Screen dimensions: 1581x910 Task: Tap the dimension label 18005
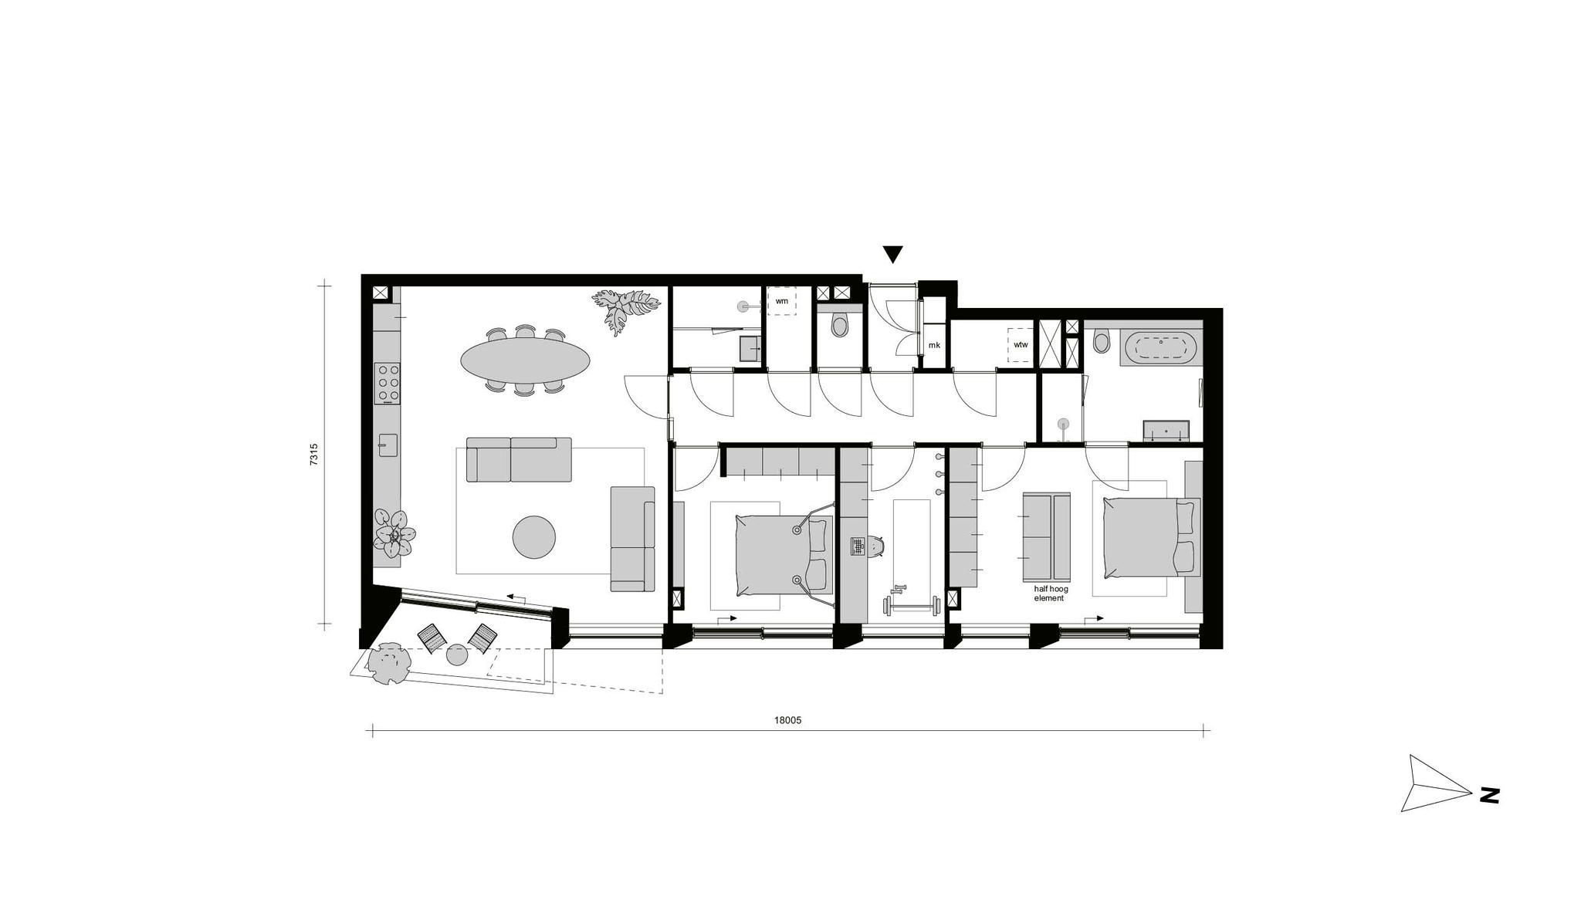[x=788, y=720]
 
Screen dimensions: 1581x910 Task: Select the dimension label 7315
[x=313, y=454]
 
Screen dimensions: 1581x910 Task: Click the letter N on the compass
[x=1489, y=796]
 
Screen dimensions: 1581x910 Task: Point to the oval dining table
[x=526, y=359]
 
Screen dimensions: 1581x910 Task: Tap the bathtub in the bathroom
[x=1160, y=348]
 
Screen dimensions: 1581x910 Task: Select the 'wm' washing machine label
[x=782, y=301]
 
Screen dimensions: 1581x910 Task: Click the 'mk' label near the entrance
[x=934, y=345]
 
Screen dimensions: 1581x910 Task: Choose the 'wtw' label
[x=1021, y=344]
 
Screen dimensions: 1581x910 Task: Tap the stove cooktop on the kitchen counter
[x=388, y=383]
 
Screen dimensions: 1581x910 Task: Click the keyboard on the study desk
[x=858, y=546]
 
